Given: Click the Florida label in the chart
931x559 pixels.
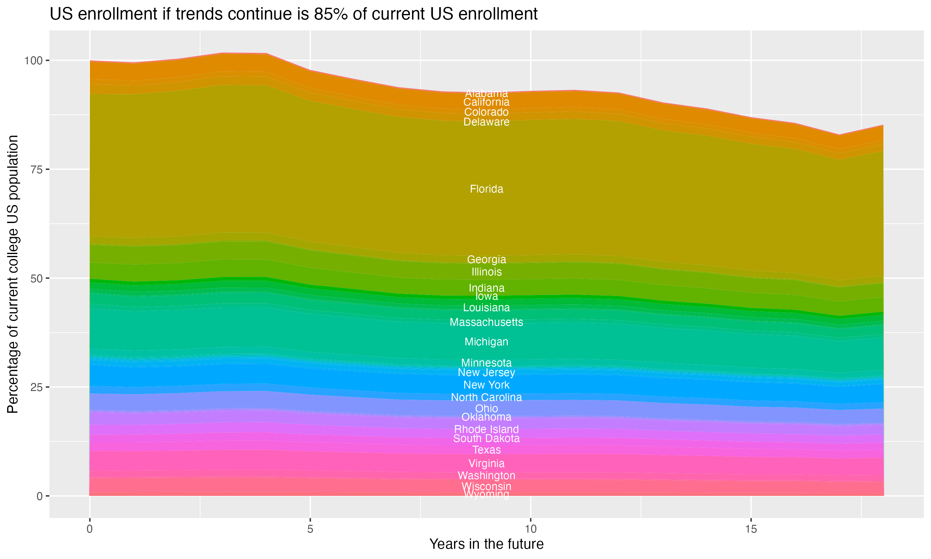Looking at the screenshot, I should click(486, 189).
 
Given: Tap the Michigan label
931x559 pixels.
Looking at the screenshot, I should click(486, 342).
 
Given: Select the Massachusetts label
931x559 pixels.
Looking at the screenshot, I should click(486, 322).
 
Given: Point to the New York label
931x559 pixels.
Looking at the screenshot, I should click(486, 385).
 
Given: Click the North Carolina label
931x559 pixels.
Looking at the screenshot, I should click(486, 398).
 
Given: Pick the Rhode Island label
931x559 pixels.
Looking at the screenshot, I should click(486, 429).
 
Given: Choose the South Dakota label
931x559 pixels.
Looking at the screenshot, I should click(486, 439).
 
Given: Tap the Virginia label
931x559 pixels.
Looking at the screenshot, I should click(486, 463).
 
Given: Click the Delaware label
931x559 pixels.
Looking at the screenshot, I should click(486, 122).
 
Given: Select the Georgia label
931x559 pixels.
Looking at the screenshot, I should click(486, 260).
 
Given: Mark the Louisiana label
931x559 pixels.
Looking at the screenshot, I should click(486, 308).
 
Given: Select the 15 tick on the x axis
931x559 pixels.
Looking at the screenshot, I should click(751, 529).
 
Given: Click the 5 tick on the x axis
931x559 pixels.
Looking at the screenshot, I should click(310, 529).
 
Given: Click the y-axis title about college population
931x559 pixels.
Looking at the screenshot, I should click(13, 274).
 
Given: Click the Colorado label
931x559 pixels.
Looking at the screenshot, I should click(486, 112).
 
